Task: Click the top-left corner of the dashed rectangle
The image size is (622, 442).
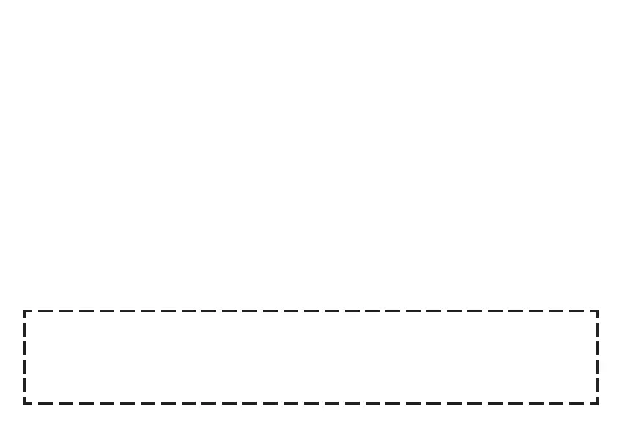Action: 25,311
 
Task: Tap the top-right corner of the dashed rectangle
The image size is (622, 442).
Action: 597,311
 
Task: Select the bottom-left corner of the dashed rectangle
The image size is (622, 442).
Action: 25,404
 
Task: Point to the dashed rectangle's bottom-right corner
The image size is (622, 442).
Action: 597,404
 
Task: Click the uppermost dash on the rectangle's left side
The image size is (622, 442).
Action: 25,329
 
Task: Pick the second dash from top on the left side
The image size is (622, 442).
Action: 25,348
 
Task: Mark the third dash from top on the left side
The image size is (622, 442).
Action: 25,367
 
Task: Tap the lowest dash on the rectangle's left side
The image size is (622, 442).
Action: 25,385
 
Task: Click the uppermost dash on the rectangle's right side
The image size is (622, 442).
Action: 597,329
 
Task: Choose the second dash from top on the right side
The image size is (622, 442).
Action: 597,348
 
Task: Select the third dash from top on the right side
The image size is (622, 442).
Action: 597,367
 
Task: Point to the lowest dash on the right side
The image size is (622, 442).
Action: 597,385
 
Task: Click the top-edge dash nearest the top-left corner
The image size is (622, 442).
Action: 45,311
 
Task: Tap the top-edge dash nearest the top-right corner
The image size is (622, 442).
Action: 577,311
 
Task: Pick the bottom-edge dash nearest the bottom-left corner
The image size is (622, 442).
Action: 45,404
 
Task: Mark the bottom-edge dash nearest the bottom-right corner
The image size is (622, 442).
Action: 577,404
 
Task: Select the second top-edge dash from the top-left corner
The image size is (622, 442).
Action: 66,311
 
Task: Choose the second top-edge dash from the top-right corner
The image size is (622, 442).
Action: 556,311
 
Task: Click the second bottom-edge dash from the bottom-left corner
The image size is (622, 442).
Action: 66,404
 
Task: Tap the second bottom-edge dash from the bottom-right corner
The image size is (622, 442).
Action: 556,404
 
